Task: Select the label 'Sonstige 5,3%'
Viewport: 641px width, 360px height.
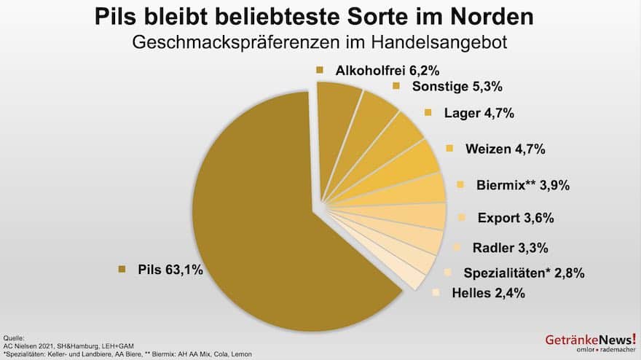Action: coord(448,86)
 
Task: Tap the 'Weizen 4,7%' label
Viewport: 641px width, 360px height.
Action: coord(504,149)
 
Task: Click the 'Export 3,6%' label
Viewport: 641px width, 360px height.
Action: coord(516,217)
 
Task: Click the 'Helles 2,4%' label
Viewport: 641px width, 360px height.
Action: coord(487,293)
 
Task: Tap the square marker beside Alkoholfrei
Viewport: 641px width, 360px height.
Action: coord(319,71)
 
